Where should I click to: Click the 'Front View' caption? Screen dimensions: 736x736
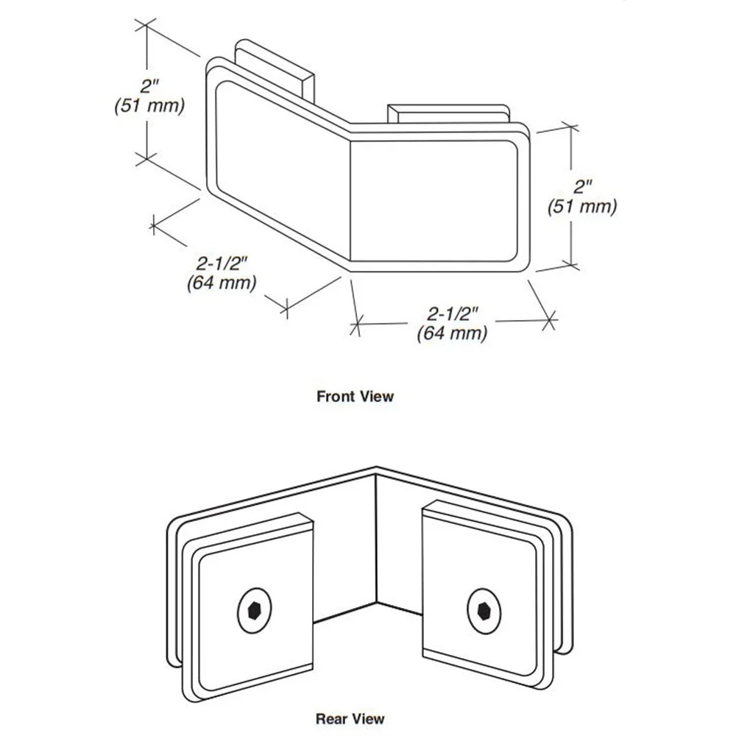(355, 396)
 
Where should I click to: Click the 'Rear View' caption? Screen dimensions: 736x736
(350, 718)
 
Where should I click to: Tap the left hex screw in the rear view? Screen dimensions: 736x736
(255, 611)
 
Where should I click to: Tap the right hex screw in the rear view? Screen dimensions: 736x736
(484, 611)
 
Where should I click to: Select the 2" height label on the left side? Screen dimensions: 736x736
(149, 86)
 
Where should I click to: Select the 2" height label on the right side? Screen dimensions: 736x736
(582, 187)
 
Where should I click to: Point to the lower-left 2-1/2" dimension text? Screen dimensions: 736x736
(221, 263)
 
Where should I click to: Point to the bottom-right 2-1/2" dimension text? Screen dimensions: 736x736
(453, 313)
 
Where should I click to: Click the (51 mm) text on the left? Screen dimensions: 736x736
(149, 105)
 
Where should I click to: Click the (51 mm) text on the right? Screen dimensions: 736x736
(582, 207)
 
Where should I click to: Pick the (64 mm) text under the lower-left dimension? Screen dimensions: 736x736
(222, 283)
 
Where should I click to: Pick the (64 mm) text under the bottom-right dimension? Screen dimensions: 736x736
(452, 333)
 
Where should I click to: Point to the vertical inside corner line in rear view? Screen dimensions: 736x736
(376, 539)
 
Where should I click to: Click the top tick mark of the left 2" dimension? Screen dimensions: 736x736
(146, 25)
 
